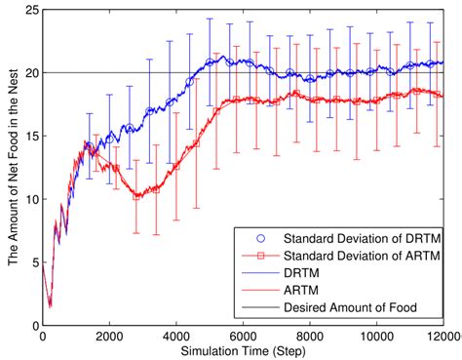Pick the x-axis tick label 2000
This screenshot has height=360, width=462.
coord(108,338)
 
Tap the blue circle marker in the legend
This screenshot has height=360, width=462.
coord(257,239)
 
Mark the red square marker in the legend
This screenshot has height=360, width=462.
coord(257,256)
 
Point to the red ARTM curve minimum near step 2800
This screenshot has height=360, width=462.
coord(137,197)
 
